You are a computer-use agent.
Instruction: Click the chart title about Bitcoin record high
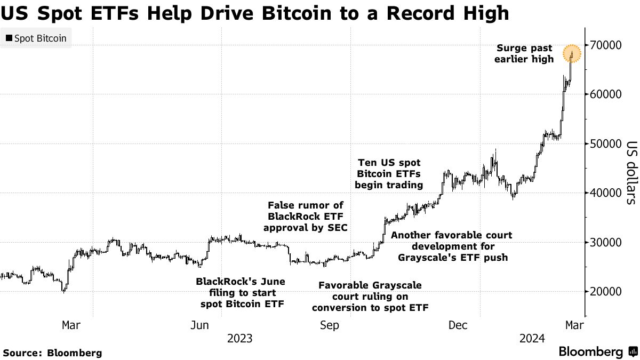(x=254, y=12)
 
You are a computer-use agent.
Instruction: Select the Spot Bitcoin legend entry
(x=36, y=38)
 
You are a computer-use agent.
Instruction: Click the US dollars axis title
(x=631, y=173)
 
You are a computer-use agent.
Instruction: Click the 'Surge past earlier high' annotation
(x=524, y=54)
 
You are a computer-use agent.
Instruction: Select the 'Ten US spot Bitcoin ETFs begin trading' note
(x=389, y=173)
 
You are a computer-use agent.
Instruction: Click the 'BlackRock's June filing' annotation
(x=241, y=293)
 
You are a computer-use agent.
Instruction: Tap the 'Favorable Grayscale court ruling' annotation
(x=370, y=297)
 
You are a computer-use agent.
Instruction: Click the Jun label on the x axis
(x=199, y=325)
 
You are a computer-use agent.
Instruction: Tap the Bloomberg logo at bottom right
(x=597, y=352)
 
